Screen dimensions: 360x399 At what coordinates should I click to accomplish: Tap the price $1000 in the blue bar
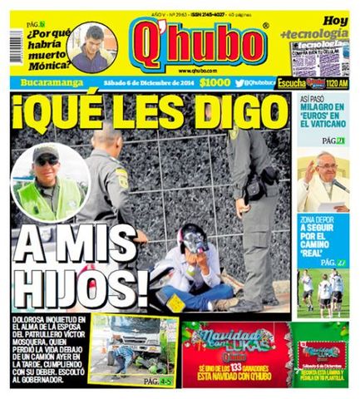tap(214, 83)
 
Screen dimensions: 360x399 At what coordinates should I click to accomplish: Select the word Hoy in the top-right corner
tap(335, 19)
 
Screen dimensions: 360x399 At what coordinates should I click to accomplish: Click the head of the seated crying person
tap(193, 240)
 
